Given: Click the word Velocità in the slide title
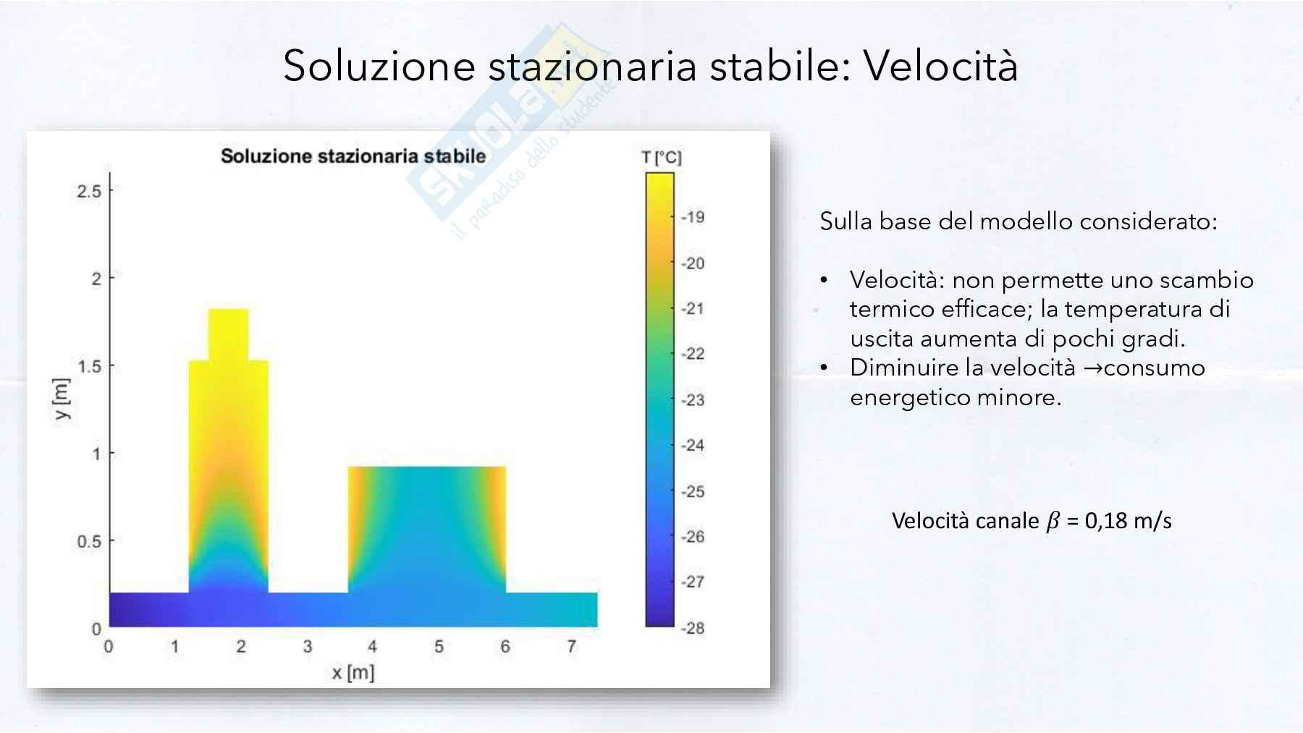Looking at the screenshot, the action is coord(940,66).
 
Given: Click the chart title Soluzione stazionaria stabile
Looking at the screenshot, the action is coord(353,156).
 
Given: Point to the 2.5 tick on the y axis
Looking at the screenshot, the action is coord(90,191).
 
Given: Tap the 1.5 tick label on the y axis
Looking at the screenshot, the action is coord(90,367).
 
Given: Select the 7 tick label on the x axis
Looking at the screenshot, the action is coord(572,646).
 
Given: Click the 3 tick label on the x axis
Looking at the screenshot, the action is coord(308,646).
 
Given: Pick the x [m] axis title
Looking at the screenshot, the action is coord(353,673).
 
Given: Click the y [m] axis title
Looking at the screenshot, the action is coord(62,399).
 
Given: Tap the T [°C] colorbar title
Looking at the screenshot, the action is coord(662,158).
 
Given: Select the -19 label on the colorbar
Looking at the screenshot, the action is coord(693,217).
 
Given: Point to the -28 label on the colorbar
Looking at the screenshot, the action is coord(693,628).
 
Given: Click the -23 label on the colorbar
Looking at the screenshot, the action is coord(693,400).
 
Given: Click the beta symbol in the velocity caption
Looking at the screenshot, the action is coord(1053,521).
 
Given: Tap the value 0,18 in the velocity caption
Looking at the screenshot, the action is coord(1106,520).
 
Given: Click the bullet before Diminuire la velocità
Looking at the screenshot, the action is coord(824,368).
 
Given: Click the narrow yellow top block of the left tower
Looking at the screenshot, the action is coord(229,335).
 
